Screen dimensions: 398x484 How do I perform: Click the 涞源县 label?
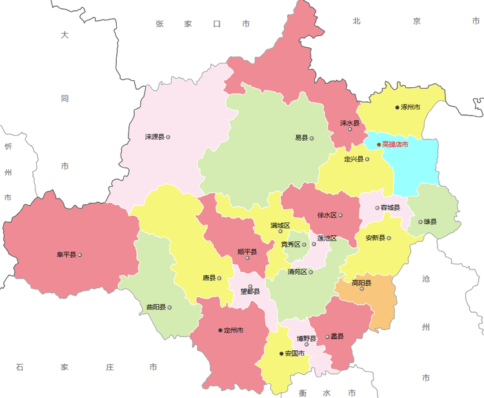tap(155, 137)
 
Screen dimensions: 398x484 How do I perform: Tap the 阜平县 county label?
tap(66, 255)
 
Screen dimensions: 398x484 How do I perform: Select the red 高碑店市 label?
tap(395, 145)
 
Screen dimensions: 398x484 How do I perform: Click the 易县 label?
tap(301, 138)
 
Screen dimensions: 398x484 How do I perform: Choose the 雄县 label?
tap(430, 222)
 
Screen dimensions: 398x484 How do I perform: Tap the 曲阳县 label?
tap(156, 307)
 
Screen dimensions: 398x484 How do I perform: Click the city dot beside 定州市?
tap(220, 330)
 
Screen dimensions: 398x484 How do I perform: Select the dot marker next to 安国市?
tap(281, 353)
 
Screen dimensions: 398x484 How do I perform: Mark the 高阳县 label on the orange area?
tap(361, 283)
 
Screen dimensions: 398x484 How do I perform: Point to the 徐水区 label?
tap(327, 215)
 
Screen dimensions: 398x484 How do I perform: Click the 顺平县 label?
tap(247, 252)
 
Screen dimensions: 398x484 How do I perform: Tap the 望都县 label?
tap(250, 291)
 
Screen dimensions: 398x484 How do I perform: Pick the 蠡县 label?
tap(337, 336)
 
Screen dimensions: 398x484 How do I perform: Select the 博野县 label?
tap(306, 339)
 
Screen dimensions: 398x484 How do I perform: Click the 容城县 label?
tap(390, 207)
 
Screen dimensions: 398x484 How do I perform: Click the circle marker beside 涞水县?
tap(350, 129)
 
